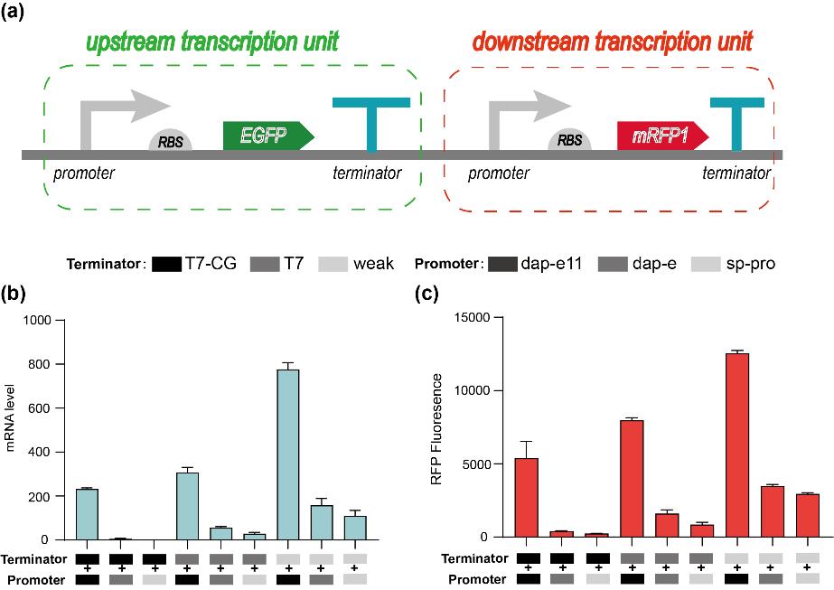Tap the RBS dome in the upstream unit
(x=169, y=141)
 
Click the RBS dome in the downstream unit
(x=569, y=141)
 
